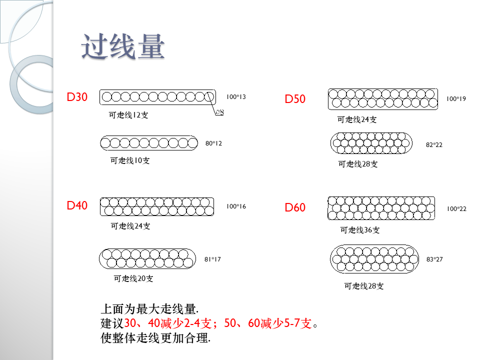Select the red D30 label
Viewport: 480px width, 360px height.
pos(77,97)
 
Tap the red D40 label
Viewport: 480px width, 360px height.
pos(77,205)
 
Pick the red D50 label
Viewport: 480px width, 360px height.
pos(295,99)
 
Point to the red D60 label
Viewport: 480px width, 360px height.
pos(295,207)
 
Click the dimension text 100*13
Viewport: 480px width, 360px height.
pos(236,97)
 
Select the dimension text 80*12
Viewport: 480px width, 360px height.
pos(213,143)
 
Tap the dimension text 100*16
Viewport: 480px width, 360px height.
pos(236,206)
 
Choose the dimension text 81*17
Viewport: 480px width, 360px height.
pos(212,259)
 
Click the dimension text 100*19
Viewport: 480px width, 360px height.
pos(456,99)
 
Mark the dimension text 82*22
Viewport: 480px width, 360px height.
pos(434,145)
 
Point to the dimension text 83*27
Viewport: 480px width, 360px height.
pos(434,259)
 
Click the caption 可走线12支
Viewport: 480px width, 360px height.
pos(128,115)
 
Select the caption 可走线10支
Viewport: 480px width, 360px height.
pos(130,160)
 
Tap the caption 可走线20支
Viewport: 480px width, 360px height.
pos(133,278)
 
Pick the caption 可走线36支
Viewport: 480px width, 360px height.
pos(360,230)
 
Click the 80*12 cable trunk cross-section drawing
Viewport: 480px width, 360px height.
pos(149,143)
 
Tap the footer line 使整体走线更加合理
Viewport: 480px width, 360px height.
pos(155,338)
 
